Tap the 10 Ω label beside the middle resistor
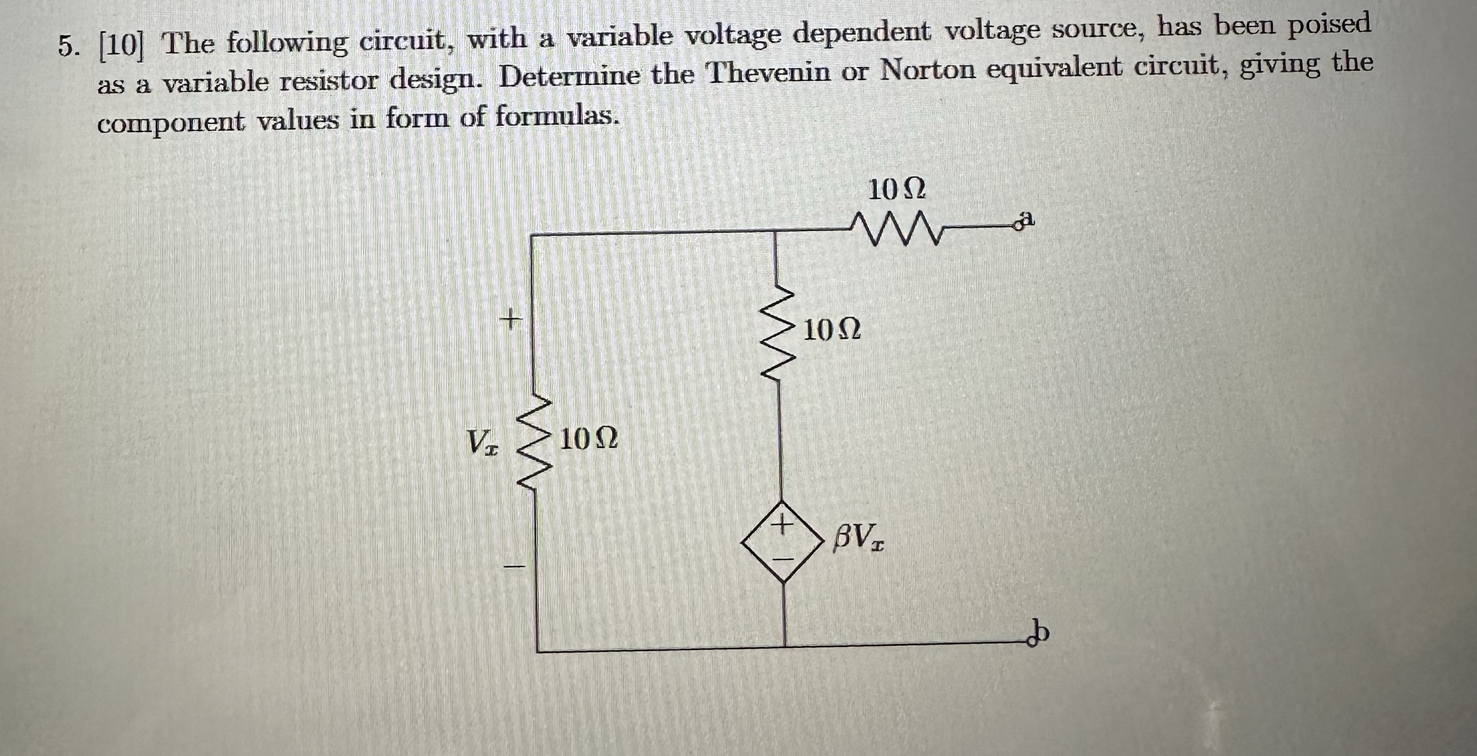[x=832, y=330]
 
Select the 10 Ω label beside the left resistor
[x=588, y=439]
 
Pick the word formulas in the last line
[x=556, y=116]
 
